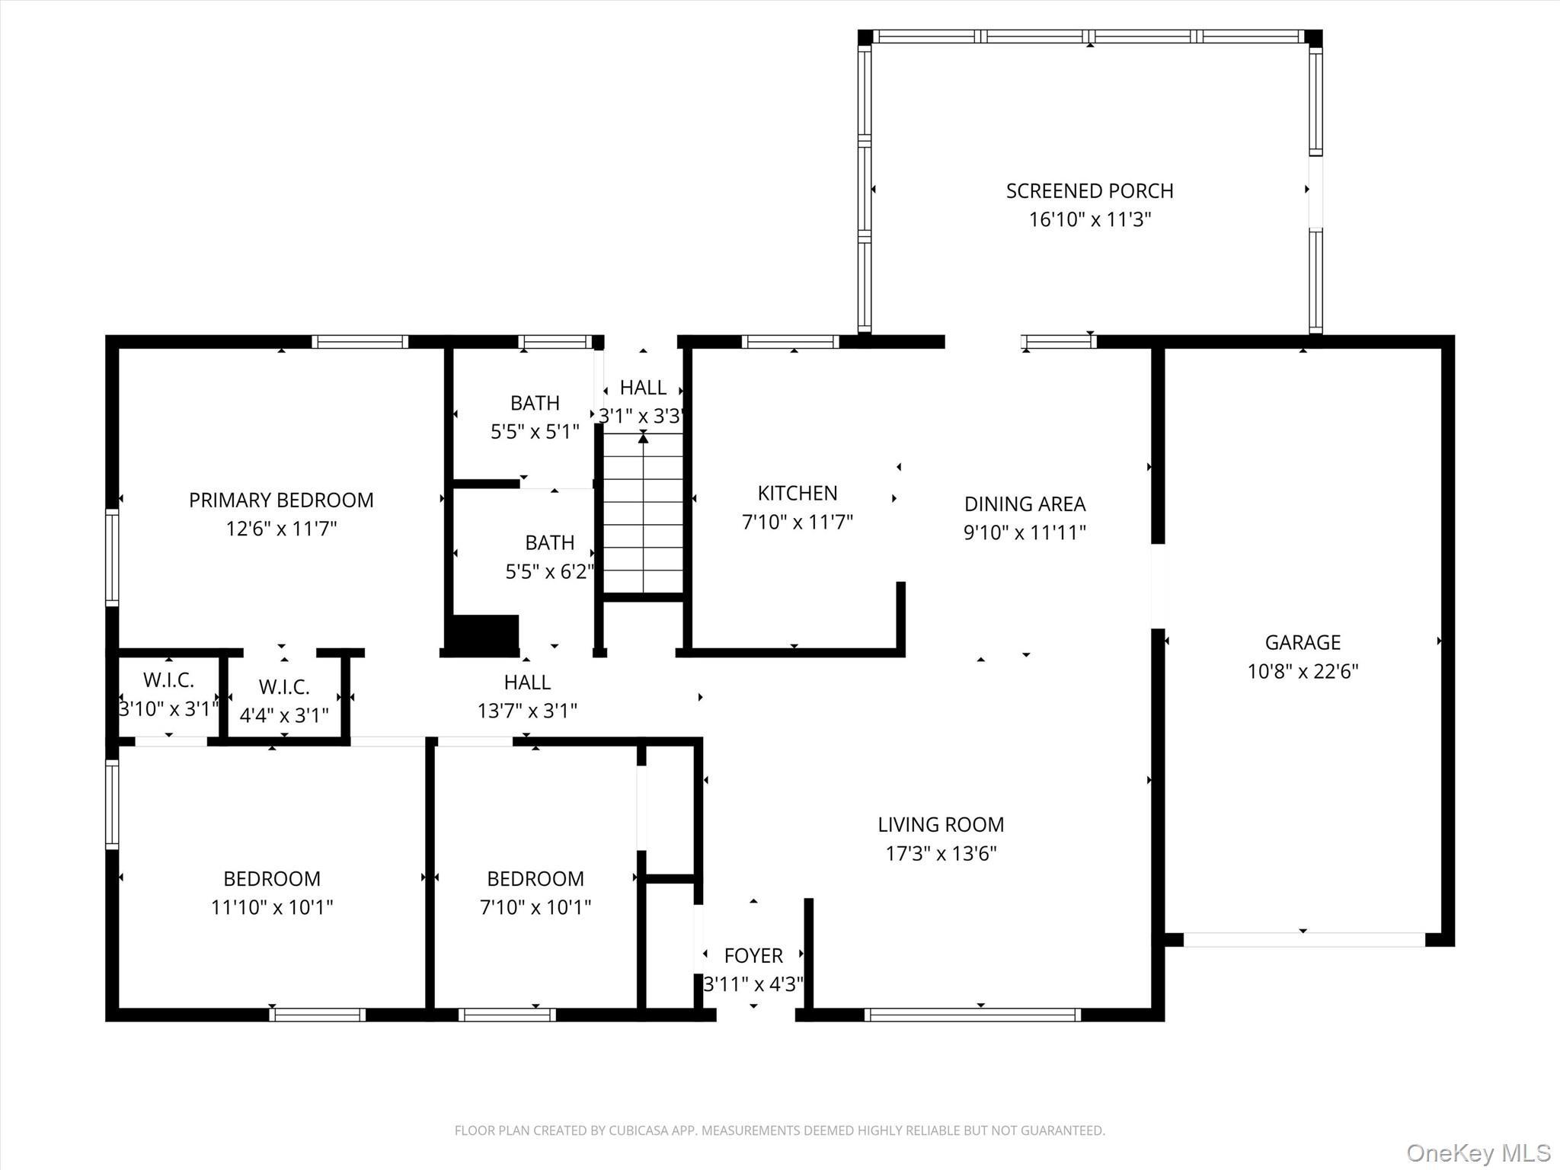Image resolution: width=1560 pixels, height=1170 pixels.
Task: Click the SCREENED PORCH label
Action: [1089, 190]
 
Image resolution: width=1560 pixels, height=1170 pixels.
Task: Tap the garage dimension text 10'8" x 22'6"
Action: [1303, 671]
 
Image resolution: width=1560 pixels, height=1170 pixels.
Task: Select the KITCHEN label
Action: [797, 493]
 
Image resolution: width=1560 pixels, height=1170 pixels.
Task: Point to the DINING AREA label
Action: [1025, 503]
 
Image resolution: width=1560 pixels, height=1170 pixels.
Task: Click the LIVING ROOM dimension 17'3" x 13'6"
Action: [941, 853]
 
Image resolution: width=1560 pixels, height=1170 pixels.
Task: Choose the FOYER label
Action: [753, 955]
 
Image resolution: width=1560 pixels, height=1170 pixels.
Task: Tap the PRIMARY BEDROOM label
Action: [281, 500]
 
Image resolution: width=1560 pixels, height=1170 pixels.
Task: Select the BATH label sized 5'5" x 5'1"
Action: [535, 402]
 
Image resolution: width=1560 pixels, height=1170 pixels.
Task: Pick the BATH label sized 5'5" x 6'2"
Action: [549, 542]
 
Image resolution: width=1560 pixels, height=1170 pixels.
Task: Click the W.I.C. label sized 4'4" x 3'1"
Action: [284, 687]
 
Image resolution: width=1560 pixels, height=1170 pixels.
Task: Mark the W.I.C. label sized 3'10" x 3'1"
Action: [168, 679]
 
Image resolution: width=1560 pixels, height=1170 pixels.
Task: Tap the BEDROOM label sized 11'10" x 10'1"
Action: [272, 878]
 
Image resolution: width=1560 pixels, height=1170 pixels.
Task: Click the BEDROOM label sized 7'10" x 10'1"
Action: [535, 878]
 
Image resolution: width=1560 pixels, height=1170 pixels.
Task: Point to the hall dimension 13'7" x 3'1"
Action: [527, 711]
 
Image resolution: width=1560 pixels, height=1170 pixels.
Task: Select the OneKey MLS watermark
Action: [1478, 1152]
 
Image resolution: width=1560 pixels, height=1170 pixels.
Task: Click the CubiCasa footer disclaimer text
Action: [779, 1130]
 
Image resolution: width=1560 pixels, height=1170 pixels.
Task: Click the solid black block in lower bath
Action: [485, 632]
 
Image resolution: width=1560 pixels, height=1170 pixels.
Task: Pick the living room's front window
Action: [972, 1015]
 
